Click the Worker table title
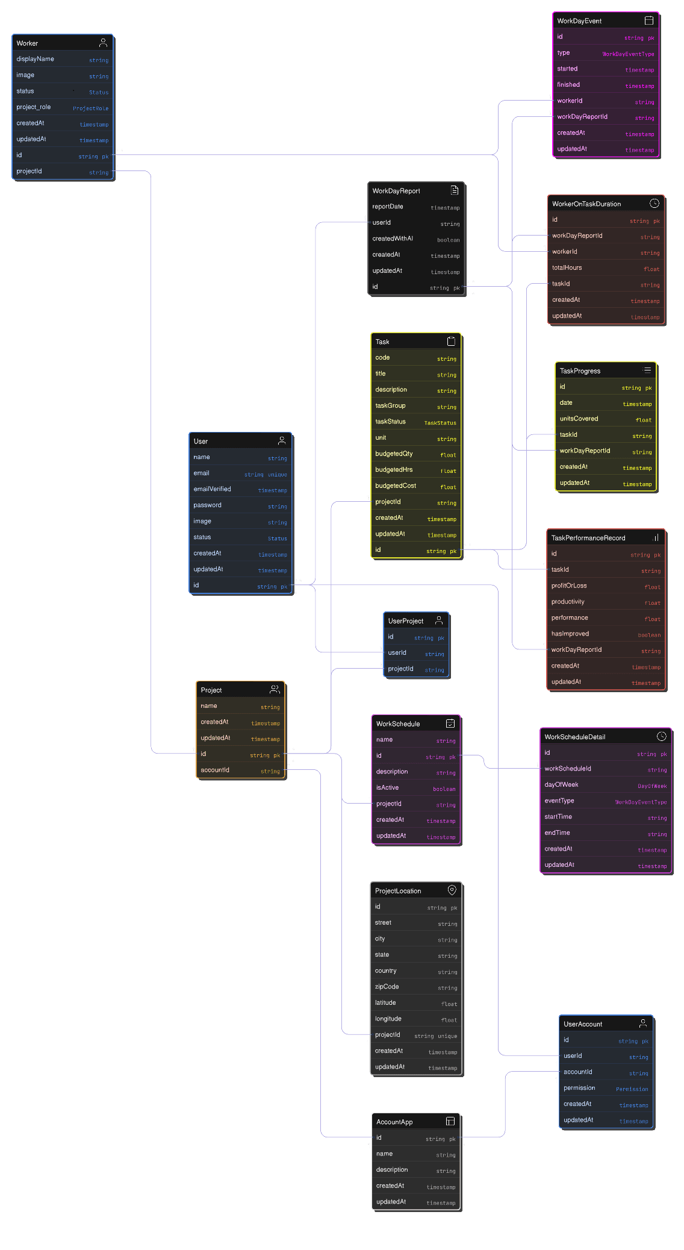(27, 43)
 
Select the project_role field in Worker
(34, 107)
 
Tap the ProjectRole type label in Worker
(90, 108)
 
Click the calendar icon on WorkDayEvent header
(648, 20)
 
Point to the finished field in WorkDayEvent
(568, 85)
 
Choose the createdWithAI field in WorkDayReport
(393, 239)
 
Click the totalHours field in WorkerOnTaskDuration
(567, 268)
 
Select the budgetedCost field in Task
(396, 486)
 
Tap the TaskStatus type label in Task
(440, 423)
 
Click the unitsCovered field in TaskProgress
(579, 419)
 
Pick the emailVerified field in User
(212, 489)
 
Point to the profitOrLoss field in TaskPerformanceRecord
(568, 586)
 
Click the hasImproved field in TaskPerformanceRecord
(570, 634)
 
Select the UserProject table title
(405, 621)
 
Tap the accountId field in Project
(215, 770)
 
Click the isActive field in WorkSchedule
(387, 788)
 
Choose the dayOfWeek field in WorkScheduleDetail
(561, 784)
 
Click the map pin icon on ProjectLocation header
(452, 890)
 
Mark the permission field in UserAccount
(579, 1088)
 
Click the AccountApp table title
(394, 1122)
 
